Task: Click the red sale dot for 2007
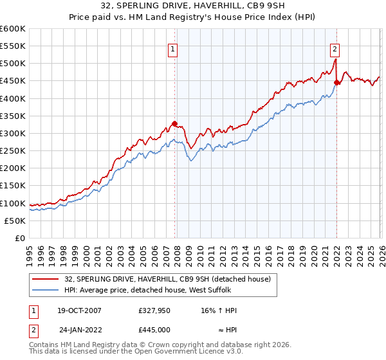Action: tap(174, 124)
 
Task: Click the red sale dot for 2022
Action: tap(336, 82)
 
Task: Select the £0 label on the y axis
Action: tap(21, 238)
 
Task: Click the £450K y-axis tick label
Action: tap(13, 81)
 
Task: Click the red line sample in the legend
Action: tap(46, 278)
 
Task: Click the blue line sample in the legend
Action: tap(46, 290)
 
